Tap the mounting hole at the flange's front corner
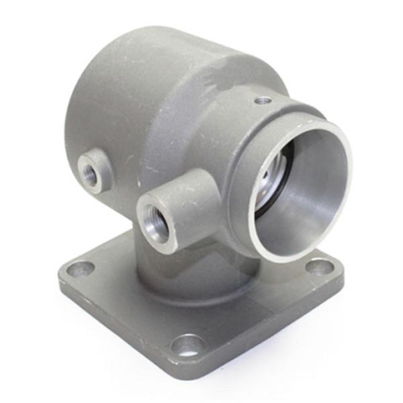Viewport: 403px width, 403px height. [x=187, y=345]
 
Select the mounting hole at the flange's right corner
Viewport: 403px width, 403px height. [x=320, y=267]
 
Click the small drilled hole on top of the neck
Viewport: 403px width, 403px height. [x=263, y=100]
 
